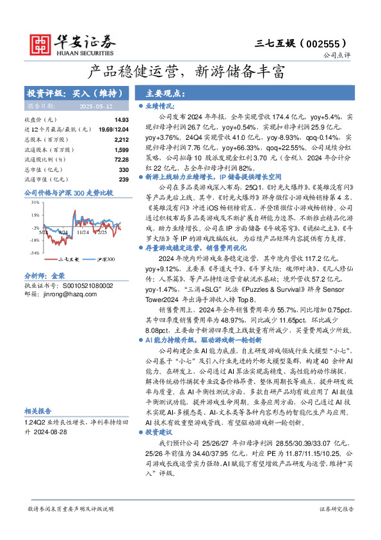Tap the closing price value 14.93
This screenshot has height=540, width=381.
[122, 120]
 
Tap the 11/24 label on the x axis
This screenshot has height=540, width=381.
[83, 232]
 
